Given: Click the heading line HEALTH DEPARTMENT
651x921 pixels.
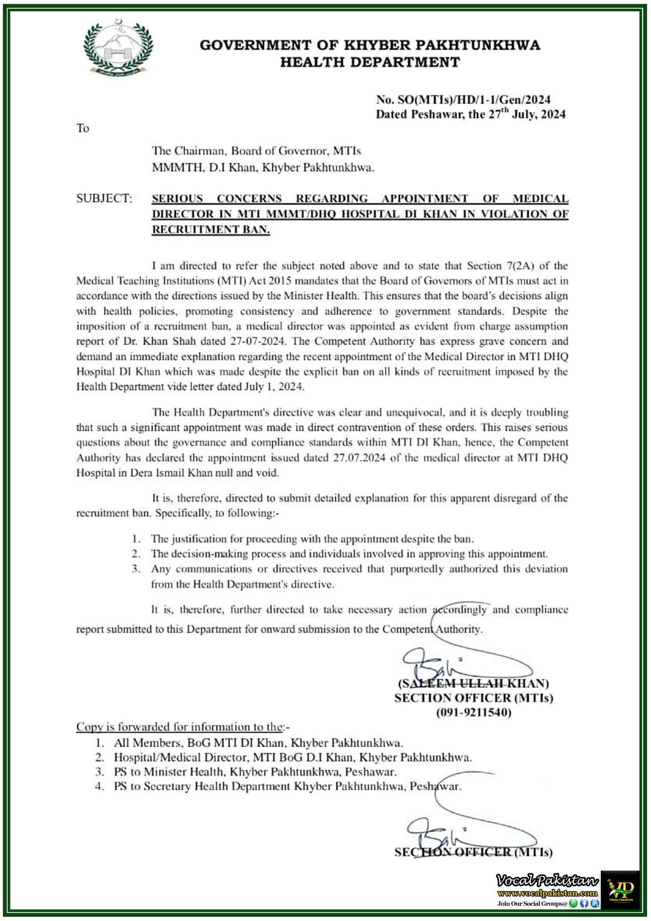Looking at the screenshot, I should (369, 63).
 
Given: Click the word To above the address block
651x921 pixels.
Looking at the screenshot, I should (83, 128).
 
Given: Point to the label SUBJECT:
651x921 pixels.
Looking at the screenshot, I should (104, 199).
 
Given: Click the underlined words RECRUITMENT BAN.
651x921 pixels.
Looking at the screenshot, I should (210, 230).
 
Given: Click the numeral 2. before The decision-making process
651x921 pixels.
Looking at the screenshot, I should (136, 554).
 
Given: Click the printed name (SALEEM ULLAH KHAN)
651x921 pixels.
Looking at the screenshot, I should (473, 683).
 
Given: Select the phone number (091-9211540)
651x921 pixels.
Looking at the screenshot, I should (473, 712).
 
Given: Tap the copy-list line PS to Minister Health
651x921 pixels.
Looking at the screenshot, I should (255, 772).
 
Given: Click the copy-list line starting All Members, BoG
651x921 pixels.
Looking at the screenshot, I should (258, 743).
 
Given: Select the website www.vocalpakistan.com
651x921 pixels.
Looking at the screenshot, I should (547, 893).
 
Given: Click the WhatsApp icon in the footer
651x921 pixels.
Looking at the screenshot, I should (574, 903).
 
